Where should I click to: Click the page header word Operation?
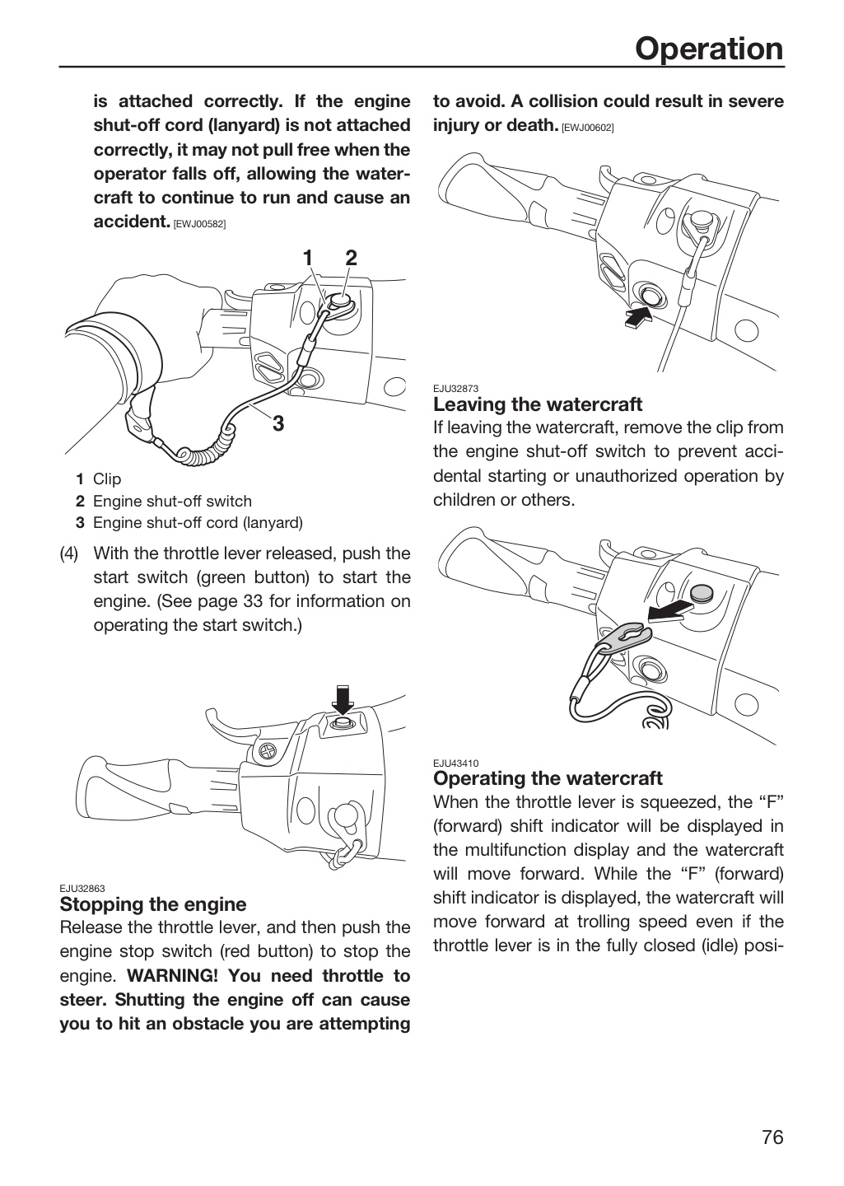pyautogui.click(x=709, y=49)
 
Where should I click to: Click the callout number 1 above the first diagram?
pyautogui.click(x=308, y=258)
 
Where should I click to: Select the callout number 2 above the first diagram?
pyautogui.click(x=351, y=258)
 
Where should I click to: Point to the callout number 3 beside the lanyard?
pyautogui.click(x=278, y=423)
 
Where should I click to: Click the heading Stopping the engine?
pyautogui.click(x=153, y=904)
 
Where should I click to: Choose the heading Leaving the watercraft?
pyautogui.click(x=538, y=404)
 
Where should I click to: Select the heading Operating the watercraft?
pyautogui.click(x=548, y=777)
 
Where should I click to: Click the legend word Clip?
pyautogui.click(x=107, y=479)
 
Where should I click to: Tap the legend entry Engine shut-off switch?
pyautogui.click(x=172, y=501)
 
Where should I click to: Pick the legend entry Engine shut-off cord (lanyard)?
pyautogui.click(x=198, y=522)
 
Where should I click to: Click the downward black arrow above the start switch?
pyautogui.click(x=343, y=700)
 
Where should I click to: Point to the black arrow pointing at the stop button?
pyautogui.click(x=638, y=318)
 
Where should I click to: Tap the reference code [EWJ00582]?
pyautogui.click(x=199, y=224)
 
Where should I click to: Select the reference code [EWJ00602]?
pyautogui.click(x=587, y=128)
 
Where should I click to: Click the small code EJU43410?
pyautogui.click(x=455, y=763)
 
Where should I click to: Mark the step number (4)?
pyautogui.click(x=69, y=553)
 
